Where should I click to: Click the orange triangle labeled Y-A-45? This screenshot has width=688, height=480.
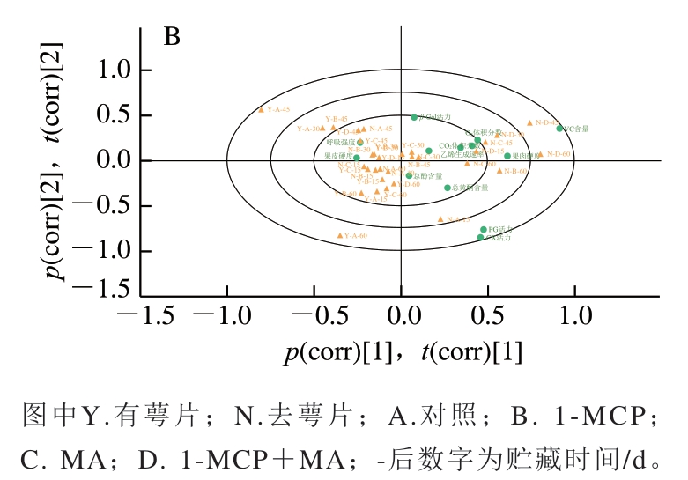[261, 109]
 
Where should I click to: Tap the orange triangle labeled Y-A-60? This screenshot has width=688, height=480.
[340, 235]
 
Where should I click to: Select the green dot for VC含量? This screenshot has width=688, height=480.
[559, 129]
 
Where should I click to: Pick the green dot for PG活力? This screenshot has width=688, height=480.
[483, 229]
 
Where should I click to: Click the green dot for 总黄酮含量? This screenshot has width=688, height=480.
[448, 188]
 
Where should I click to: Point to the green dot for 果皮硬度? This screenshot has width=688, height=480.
[357, 159]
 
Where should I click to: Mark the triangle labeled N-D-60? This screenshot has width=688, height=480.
[540, 154]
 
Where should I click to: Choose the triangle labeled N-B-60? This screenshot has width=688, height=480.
[499, 170]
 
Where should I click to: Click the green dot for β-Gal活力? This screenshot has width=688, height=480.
[414, 117]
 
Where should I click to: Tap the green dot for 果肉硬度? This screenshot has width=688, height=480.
[507, 156]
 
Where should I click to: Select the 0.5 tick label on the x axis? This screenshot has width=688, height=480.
[488, 316]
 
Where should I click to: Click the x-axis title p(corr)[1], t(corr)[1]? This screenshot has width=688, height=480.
[403, 352]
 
